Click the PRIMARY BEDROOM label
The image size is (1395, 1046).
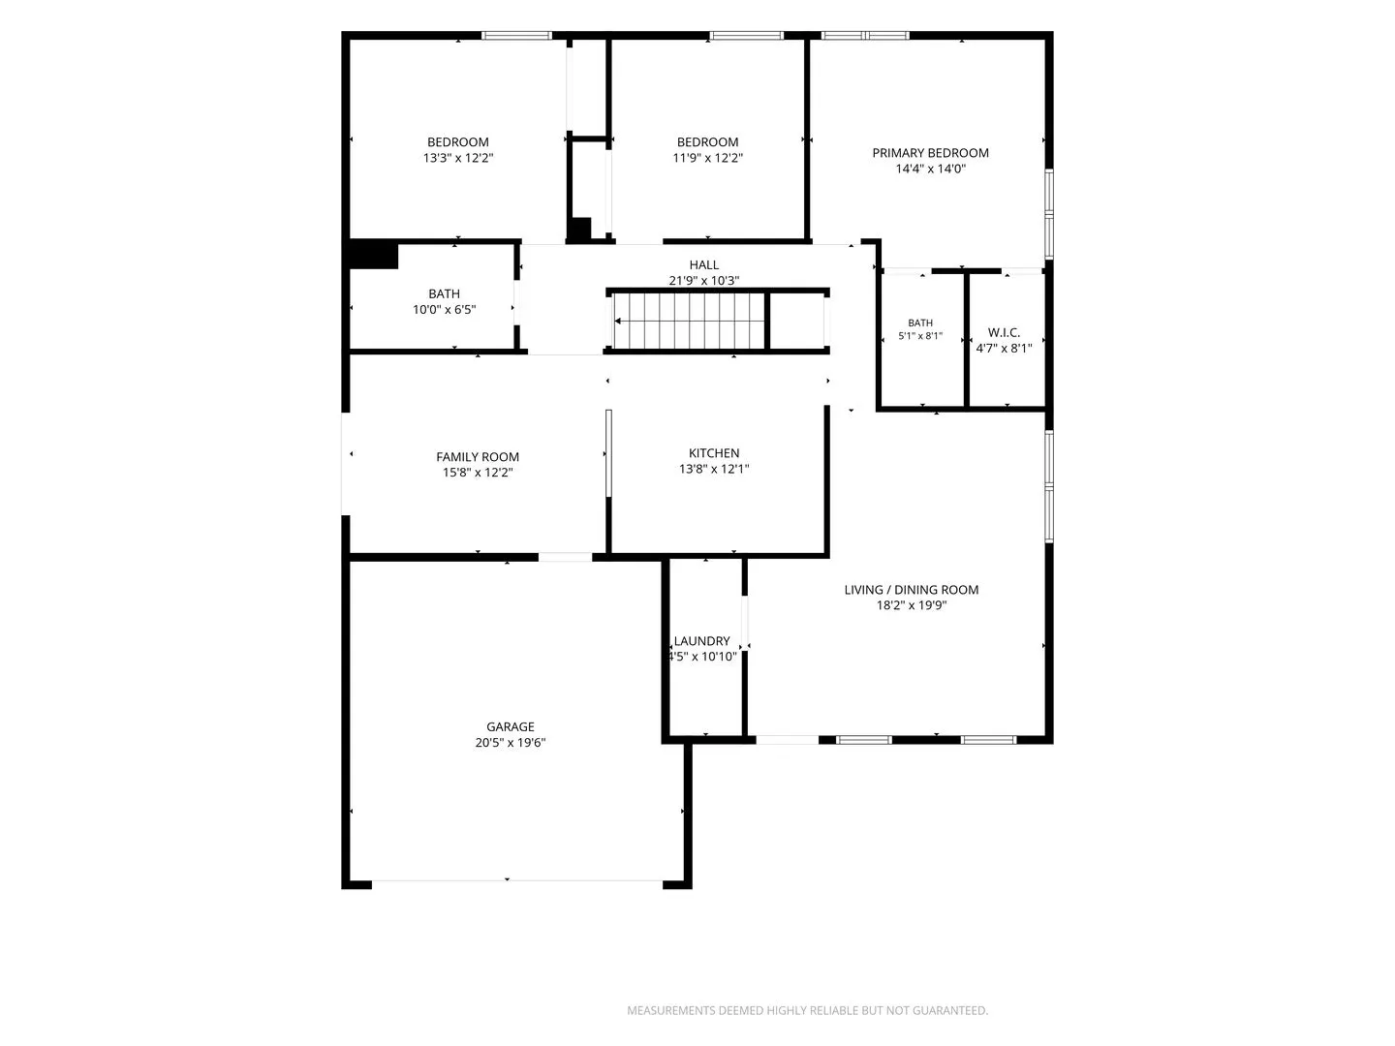[x=930, y=153]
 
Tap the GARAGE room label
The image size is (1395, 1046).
[x=510, y=726]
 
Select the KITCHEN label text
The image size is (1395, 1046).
[x=714, y=453]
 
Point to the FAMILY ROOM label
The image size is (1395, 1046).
[x=478, y=456]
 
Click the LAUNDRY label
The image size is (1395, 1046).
[x=701, y=641]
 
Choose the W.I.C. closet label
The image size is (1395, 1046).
[x=1004, y=332]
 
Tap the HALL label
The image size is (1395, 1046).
[x=703, y=264]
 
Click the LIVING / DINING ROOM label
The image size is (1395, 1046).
[x=911, y=590]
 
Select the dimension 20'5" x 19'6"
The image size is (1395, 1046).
[x=510, y=743]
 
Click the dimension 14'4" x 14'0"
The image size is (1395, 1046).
[x=930, y=169]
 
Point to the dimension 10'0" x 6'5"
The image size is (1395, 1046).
[x=444, y=309]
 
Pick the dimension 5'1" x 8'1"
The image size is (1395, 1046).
[x=919, y=335]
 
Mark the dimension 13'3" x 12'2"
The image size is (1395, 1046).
[x=457, y=158]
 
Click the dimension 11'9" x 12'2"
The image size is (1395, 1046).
[x=707, y=158]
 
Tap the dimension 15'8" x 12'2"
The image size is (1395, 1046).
[x=478, y=473]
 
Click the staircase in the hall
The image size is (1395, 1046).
[x=689, y=321]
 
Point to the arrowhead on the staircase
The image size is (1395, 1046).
[x=618, y=322]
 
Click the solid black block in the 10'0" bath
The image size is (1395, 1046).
[x=373, y=256]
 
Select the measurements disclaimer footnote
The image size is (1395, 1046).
[x=807, y=1010]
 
